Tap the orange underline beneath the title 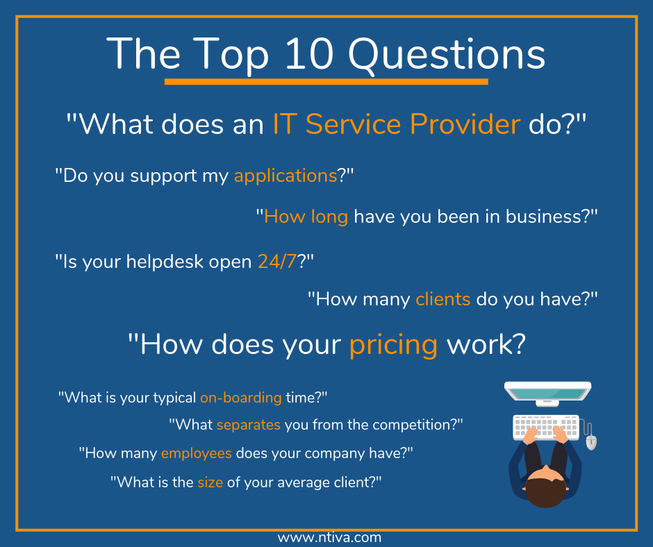[326, 82]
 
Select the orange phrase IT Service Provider [396, 124]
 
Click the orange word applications [286, 176]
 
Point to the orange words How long [306, 217]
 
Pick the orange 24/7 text [276, 261]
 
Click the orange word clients [443, 299]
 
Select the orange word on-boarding [240, 398]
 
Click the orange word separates [248, 424]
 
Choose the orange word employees [196, 453]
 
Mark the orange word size [210, 482]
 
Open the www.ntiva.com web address [329, 537]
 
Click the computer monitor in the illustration [548, 393]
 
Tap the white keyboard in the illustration [545, 426]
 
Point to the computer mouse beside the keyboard [591, 441]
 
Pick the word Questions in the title [447, 54]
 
